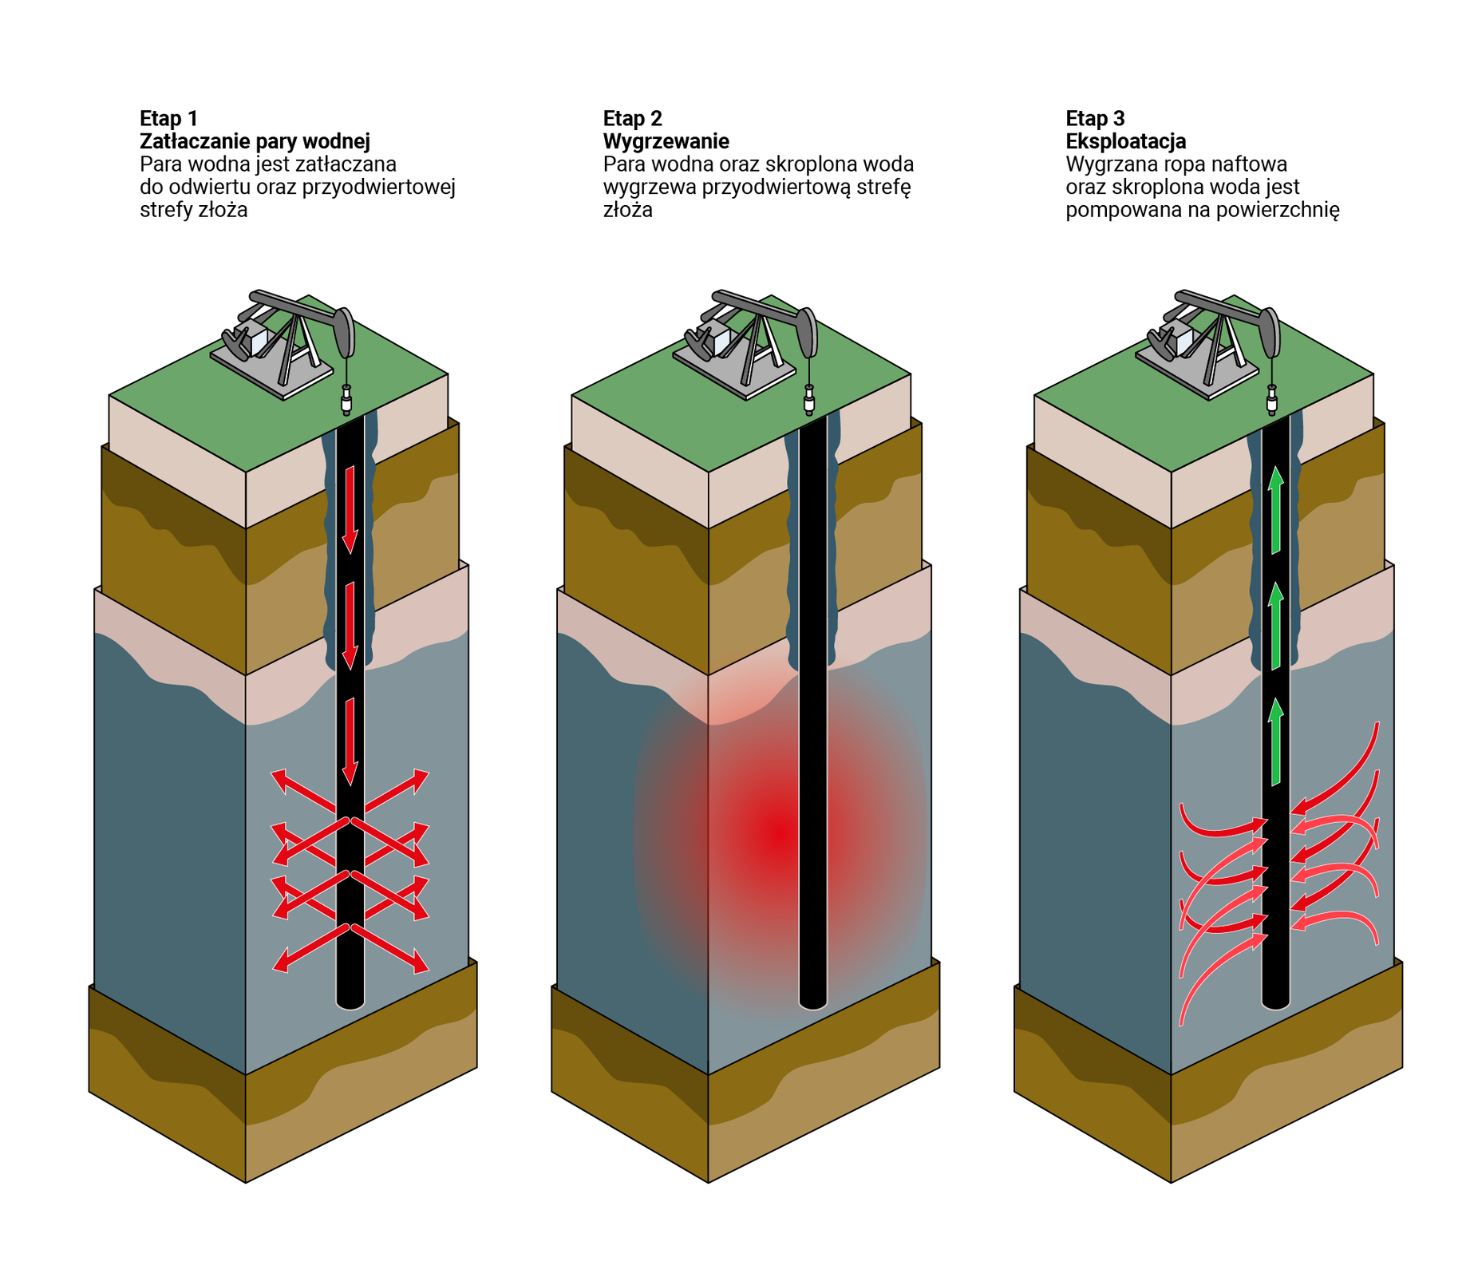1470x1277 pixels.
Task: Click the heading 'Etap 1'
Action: click(x=168, y=119)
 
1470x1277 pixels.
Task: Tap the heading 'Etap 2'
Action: click(x=632, y=119)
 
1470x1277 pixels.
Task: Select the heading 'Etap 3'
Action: click(x=1095, y=119)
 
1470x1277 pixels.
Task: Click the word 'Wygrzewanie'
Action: click(x=666, y=141)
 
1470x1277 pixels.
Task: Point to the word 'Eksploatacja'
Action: click(x=1125, y=141)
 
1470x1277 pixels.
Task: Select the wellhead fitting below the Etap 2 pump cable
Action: click(x=809, y=400)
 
